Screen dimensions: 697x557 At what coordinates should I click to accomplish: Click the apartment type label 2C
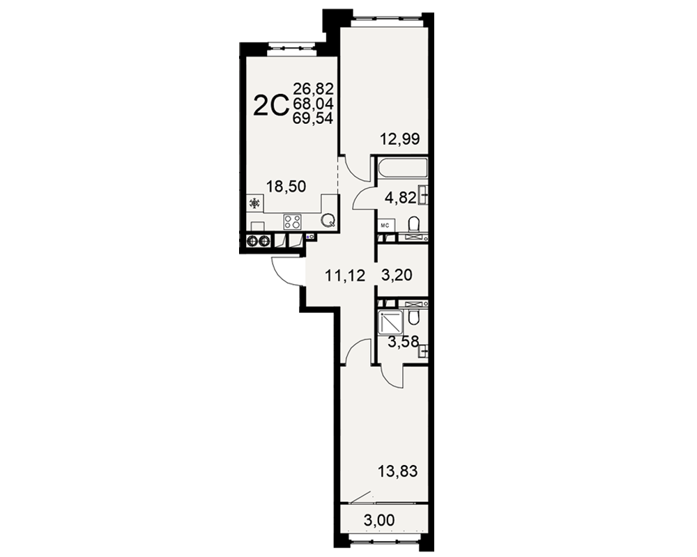(270, 106)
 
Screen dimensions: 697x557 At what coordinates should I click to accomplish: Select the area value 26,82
(313, 89)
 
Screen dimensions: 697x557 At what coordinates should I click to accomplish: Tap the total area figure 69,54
(313, 118)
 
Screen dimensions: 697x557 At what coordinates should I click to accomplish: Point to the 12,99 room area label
(399, 139)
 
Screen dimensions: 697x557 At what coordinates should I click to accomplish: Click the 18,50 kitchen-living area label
(286, 186)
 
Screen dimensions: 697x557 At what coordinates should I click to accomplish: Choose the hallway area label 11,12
(345, 276)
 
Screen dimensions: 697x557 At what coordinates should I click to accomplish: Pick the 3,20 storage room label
(397, 275)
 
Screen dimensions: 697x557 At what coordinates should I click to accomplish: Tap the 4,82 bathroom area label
(401, 198)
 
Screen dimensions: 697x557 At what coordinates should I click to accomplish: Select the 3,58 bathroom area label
(403, 342)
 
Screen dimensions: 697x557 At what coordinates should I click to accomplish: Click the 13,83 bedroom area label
(397, 471)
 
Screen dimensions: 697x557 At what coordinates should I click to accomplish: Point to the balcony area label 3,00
(379, 520)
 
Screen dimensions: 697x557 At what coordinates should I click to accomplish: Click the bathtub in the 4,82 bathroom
(402, 168)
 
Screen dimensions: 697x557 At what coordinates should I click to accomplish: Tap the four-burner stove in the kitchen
(292, 221)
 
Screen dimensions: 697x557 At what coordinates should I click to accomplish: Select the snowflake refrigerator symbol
(254, 203)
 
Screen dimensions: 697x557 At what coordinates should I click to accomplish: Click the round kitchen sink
(328, 220)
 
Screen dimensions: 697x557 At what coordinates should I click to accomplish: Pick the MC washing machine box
(385, 226)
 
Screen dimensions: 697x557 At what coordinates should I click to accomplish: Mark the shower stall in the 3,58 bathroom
(390, 322)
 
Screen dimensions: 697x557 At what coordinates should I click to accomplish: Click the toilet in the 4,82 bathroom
(413, 224)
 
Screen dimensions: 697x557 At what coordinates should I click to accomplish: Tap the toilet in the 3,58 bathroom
(413, 318)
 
